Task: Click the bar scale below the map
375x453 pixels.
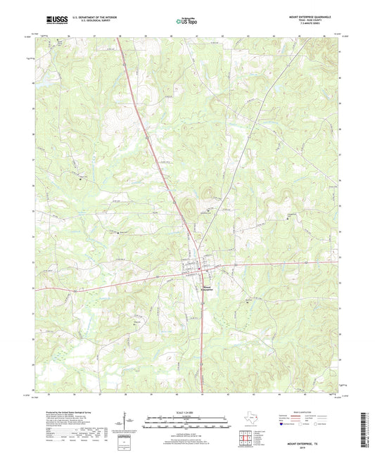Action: (186, 424)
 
